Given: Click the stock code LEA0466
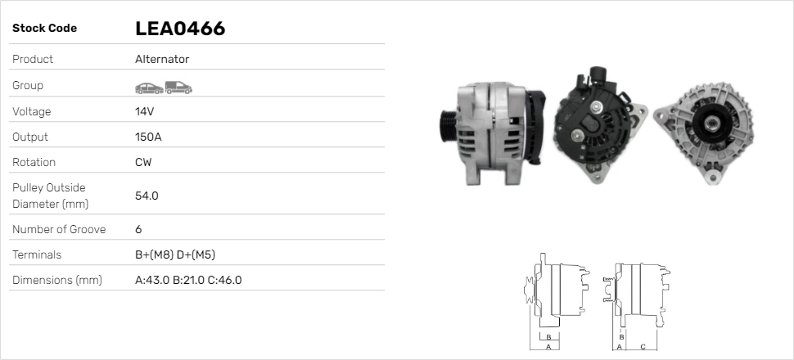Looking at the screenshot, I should (179, 29).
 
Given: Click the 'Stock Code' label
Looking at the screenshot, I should (44, 29).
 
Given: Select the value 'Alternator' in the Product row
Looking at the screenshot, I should (161, 60).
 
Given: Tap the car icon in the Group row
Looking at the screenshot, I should (148, 86).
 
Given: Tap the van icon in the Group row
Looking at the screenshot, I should (178, 86).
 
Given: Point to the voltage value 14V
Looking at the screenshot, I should (144, 111).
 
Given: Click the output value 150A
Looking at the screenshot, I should (147, 137).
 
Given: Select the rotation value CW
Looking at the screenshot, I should (142, 162).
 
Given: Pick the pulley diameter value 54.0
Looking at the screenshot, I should (146, 196).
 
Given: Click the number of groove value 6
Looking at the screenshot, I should (138, 230).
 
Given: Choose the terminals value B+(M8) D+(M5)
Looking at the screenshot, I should (174, 255).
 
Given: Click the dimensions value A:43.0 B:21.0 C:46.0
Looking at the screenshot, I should (187, 281).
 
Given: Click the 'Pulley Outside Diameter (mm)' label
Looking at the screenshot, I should (49, 196).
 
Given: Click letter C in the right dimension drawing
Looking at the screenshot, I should (643, 347).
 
